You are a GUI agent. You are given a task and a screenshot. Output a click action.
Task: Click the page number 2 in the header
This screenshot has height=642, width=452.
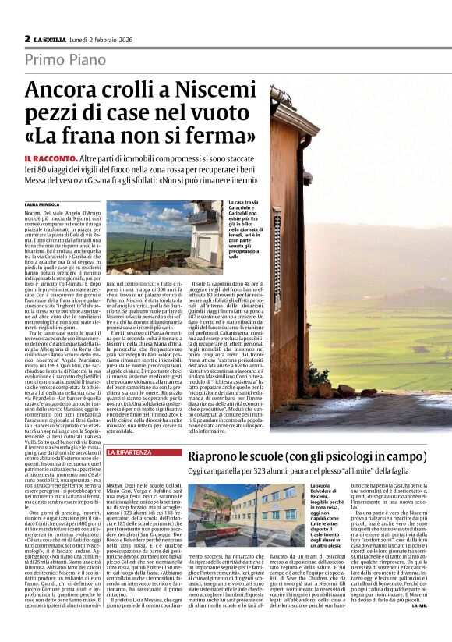[x=27, y=38]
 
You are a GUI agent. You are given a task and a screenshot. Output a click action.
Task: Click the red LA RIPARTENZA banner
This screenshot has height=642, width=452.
[x=129, y=452]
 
